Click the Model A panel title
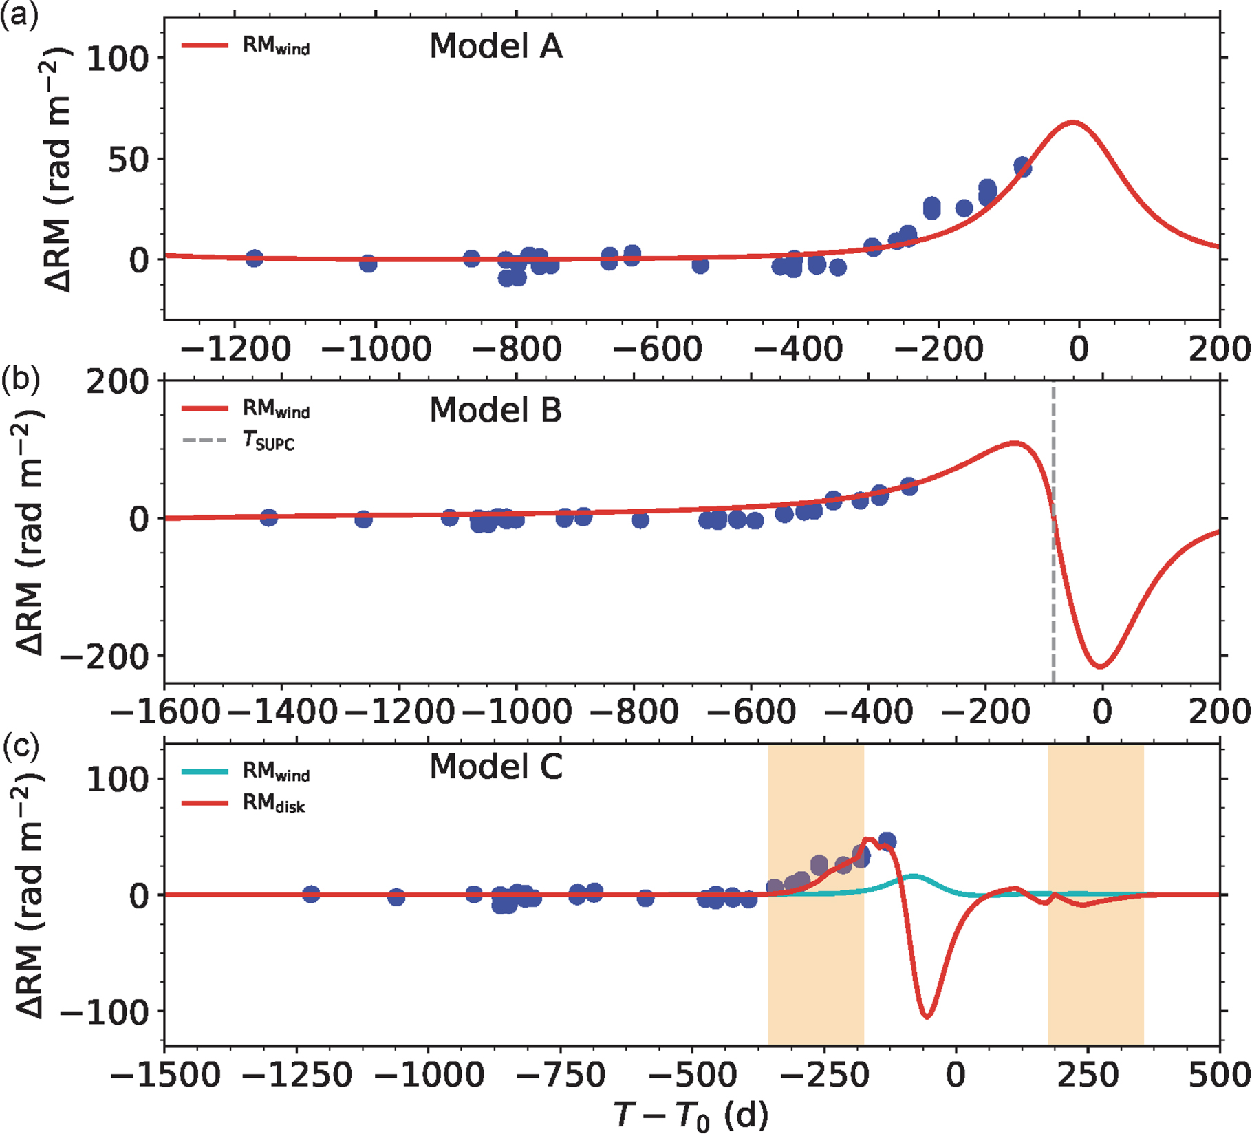pyautogui.click(x=495, y=47)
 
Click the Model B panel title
pyautogui.click(x=495, y=410)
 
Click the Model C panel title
pyautogui.click(x=495, y=767)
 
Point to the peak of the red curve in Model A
pyautogui.click(x=1072, y=122)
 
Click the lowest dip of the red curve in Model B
pyautogui.click(x=1101, y=666)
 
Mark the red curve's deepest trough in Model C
pyautogui.click(x=927, y=1016)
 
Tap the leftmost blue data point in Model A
pyautogui.click(x=254, y=259)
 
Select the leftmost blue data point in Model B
pyautogui.click(x=268, y=517)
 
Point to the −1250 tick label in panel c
pyautogui.click(x=297, y=1074)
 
